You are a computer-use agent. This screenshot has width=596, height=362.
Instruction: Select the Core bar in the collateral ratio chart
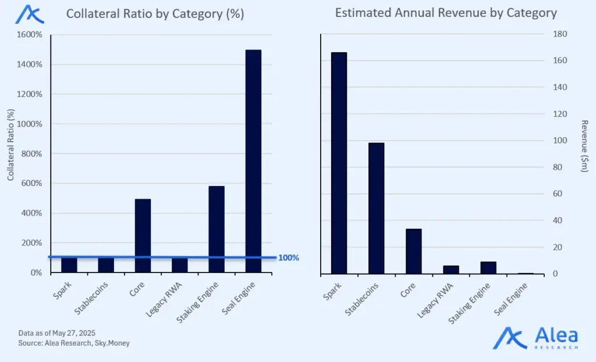tap(143, 235)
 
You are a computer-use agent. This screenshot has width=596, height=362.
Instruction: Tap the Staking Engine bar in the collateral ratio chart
tap(217, 229)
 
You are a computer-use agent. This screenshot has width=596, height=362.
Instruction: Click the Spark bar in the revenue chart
tap(339, 163)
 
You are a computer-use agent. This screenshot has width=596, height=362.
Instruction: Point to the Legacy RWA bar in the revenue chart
tap(450, 270)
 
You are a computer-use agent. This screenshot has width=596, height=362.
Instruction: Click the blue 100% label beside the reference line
tap(289, 257)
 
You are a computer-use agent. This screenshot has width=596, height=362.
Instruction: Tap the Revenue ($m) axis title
tap(585, 145)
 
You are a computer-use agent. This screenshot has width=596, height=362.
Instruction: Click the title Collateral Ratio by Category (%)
tap(155, 14)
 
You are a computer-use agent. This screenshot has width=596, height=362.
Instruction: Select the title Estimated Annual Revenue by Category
tap(446, 13)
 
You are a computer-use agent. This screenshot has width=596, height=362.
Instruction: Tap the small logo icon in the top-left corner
tap(29, 14)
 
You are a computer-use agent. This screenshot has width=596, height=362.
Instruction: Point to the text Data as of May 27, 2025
tap(56, 332)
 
